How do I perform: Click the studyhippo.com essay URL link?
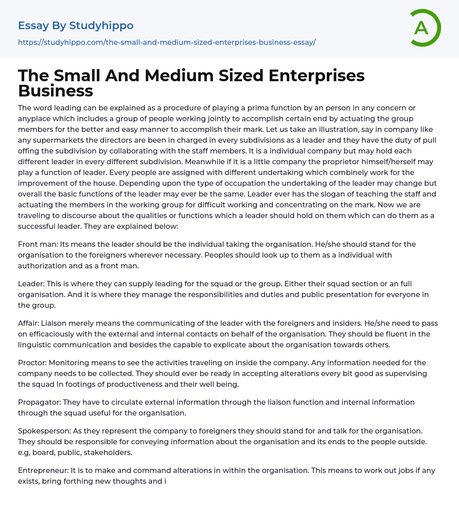point(167,42)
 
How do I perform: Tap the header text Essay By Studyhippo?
point(76,26)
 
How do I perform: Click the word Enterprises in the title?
point(316,76)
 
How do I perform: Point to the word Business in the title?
point(56,91)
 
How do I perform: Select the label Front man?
point(38,245)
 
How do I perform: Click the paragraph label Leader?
point(31,284)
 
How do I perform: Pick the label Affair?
point(29,323)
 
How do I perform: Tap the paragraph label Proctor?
point(32,363)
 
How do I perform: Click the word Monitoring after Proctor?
point(68,363)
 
